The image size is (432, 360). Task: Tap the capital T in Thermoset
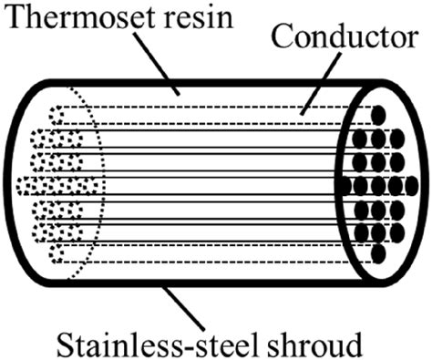tap(14, 18)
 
